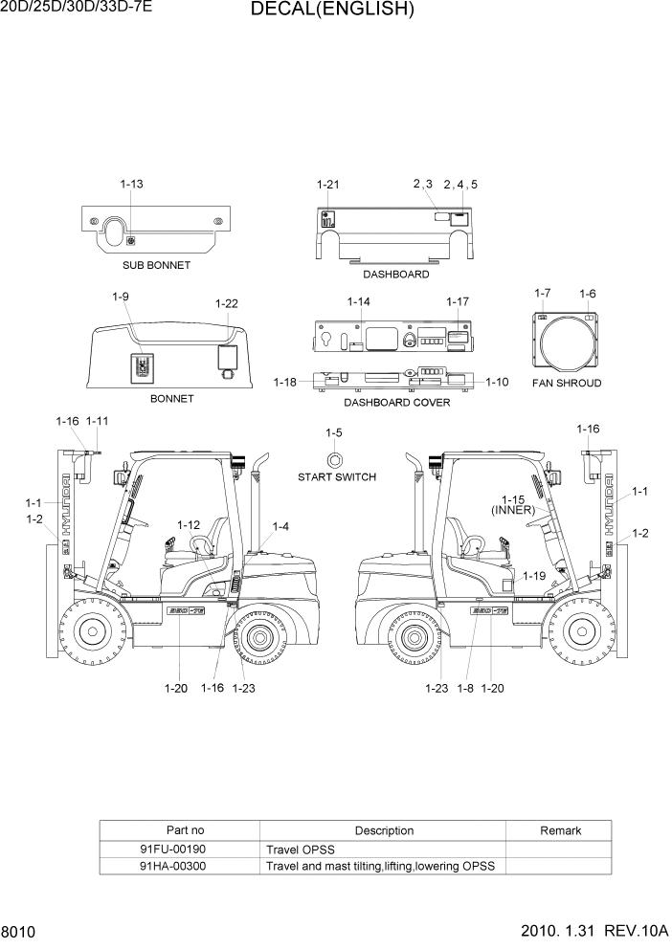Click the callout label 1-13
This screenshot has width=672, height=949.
[132, 184]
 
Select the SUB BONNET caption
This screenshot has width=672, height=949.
[156, 265]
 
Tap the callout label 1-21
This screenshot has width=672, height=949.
[328, 184]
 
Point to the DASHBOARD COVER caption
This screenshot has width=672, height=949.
[396, 403]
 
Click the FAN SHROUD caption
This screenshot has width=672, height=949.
[567, 383]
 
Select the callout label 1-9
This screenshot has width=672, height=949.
[121, 297]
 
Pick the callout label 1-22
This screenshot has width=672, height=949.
[226, 303]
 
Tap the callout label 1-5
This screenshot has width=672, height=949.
[333, 432]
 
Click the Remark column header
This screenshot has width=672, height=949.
[560, 830]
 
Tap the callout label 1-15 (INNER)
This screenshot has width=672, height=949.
[513, 505]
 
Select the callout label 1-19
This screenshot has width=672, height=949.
[534, 576]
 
